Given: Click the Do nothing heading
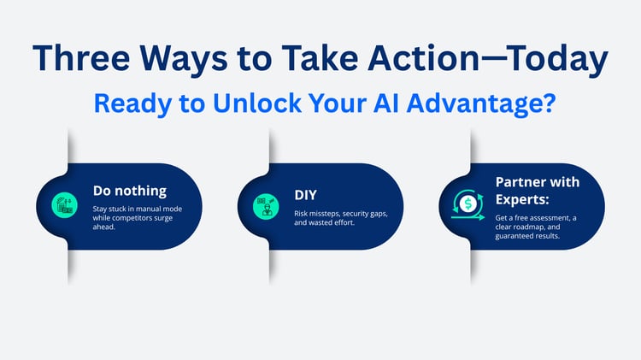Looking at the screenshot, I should pyautogui.click(x=130, y=192).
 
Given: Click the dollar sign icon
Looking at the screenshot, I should pyautogui.click(x=468, y=204).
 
